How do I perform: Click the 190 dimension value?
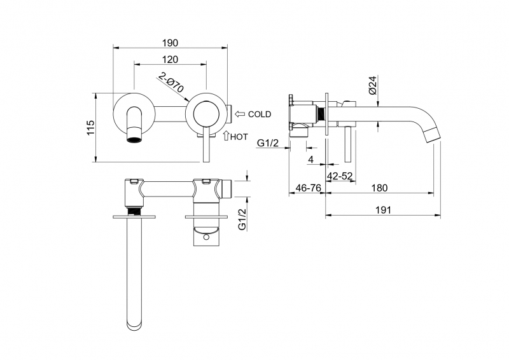(169, 43)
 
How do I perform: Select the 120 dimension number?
(170, 59)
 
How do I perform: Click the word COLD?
(260, 114)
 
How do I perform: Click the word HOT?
(239, 136)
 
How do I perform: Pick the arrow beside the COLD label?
(240, 114)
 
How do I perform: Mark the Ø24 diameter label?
(373, 86)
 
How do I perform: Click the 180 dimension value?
(379, 188)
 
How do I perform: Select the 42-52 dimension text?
(340, 176)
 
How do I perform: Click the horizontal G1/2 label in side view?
(268, 144)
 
